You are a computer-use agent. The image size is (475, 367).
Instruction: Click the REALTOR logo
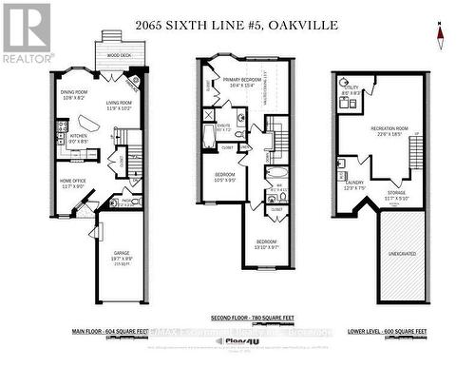tap(27, 33)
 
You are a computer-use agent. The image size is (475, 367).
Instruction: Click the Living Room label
tap(120, 106)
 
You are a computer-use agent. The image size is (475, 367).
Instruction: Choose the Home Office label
tap(77, 183)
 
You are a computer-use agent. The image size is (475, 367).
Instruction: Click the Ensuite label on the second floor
tap(222, 126)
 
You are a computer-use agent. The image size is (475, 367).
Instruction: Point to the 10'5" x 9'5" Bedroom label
tap(224, 178)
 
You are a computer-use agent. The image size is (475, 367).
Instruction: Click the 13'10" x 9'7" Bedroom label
tap(268, 244)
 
